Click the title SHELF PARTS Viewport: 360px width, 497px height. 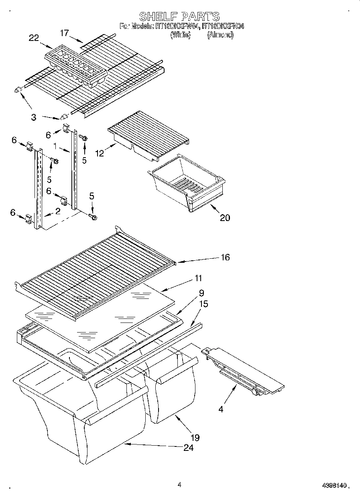tap(179, 16)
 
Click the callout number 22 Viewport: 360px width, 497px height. tap(34, 38)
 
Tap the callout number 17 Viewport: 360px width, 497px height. tap(65, 33)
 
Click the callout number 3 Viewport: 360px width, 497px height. tap(34, 117)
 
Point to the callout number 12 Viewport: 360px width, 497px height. tap(100, 153)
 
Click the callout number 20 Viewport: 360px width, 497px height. tap(225, 217)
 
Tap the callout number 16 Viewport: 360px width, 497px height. tap(225, 257)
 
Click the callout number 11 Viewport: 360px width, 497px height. tap(198, 278)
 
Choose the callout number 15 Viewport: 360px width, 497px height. tap(203, 304)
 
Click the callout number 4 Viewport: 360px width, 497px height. tap(221, 409)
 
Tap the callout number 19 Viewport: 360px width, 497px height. tap(195, 437)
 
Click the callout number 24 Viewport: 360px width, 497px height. tap(188, 447)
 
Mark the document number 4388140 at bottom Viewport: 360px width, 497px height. tap(335, 485)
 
